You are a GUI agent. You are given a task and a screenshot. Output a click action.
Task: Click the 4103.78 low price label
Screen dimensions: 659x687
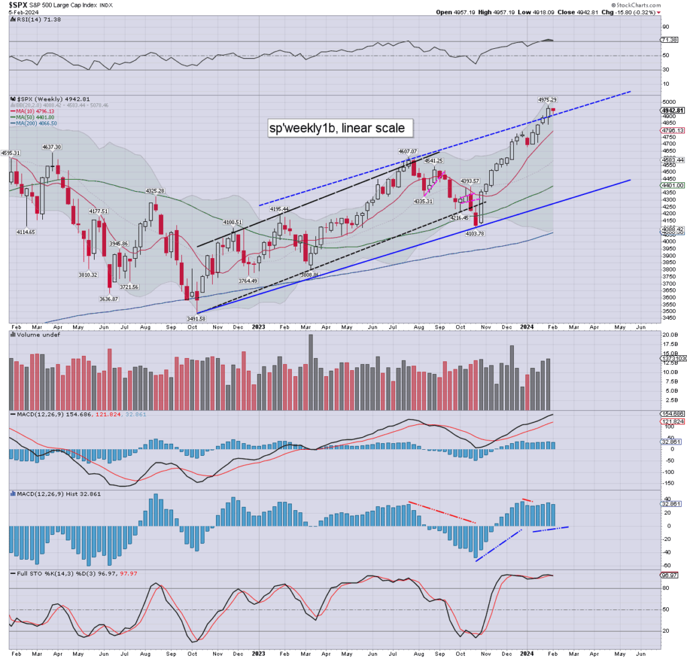point(476,233)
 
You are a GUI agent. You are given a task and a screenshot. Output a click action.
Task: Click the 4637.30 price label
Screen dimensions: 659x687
point(51,147)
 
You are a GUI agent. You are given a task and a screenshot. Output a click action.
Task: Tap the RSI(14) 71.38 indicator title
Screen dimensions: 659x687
point(30,20)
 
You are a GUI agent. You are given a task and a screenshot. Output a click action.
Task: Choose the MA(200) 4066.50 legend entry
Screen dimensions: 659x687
point(39,123)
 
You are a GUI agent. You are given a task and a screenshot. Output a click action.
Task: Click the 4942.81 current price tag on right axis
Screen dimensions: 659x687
point(672,110)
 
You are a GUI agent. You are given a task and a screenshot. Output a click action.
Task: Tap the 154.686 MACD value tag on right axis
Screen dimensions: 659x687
point(672,415)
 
